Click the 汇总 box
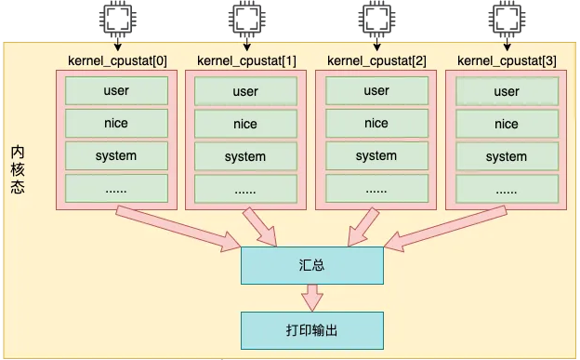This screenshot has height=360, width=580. coord(311,265)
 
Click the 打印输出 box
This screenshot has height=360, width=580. coord(311,330)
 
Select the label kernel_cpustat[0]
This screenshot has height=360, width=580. coord(115,61)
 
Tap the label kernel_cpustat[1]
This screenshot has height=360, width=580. coord(246,61)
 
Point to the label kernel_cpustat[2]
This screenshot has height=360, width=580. coord(376,61)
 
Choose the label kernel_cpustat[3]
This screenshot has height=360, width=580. coord(507,61)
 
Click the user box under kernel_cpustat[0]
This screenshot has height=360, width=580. coord(115,91)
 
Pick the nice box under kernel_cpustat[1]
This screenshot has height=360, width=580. coord(245,124)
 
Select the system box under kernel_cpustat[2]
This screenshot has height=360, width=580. coord(376,156)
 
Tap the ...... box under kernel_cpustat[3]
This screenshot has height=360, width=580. coord(507,189)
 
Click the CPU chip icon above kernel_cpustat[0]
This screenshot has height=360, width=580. coord(116,17)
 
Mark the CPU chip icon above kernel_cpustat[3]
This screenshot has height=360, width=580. coord(507,17)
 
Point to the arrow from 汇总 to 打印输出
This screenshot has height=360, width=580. coord(311,298)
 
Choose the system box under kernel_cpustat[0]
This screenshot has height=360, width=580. coord(115,156)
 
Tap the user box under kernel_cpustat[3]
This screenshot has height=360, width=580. coord(507,91)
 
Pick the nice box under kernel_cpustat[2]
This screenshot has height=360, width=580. coord(376,124)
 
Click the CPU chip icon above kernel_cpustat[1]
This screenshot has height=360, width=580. coord(246,17)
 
